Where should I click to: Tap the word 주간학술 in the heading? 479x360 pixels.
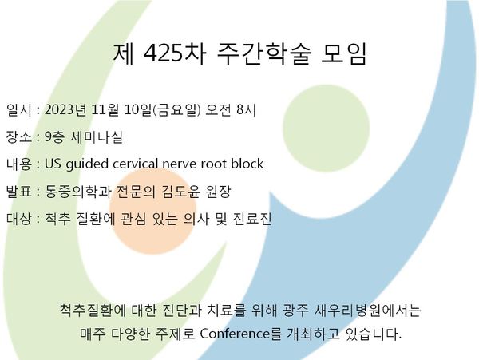(264, 54)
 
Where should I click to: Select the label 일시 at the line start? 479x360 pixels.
(18, 109)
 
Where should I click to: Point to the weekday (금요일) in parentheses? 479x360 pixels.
(176, 109)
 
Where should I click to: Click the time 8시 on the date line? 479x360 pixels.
(246, 109)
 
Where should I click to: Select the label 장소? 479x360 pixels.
(18, 136)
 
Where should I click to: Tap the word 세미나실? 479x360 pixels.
(97, 136)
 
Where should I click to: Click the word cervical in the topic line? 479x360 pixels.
(136, 164)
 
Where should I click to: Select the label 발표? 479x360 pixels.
(18, 192)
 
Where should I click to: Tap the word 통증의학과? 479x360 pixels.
(77, 192)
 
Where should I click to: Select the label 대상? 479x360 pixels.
(18, 219)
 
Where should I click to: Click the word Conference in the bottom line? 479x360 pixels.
(235, 334)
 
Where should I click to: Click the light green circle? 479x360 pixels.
(326, 129)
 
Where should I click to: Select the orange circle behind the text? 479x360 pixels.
(152, 211)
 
